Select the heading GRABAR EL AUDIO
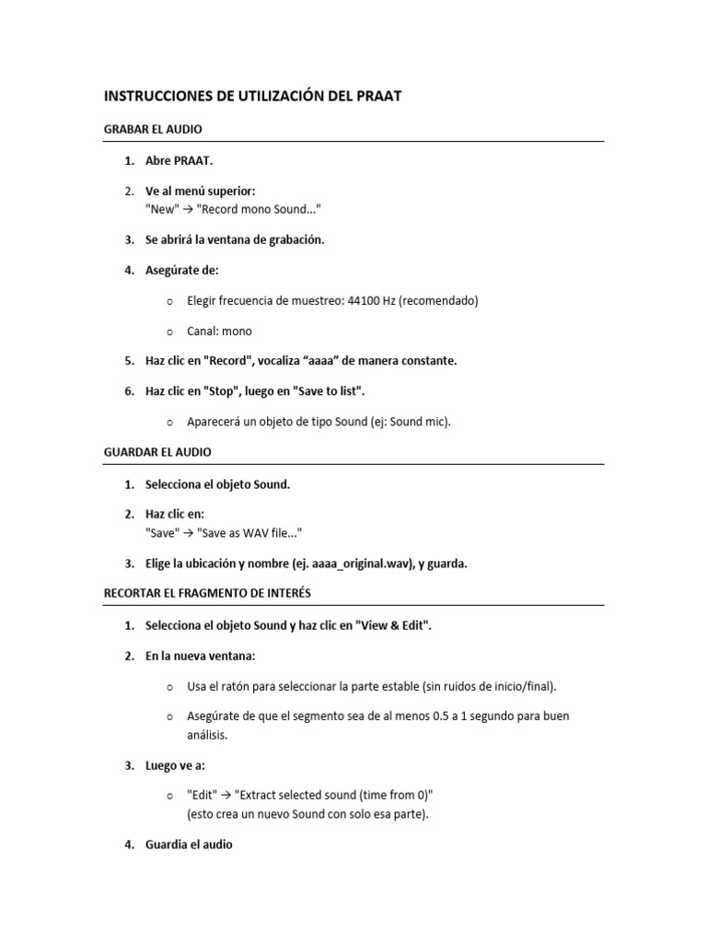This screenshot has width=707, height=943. coord(153,130)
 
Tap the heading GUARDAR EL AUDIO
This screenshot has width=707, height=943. coord(157,452)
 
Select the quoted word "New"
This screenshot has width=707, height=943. coord(162,209)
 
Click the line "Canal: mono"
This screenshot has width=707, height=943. coord(219,331)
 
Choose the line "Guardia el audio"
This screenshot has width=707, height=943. coord(189,844)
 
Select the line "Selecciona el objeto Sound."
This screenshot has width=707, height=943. coord(217,483)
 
